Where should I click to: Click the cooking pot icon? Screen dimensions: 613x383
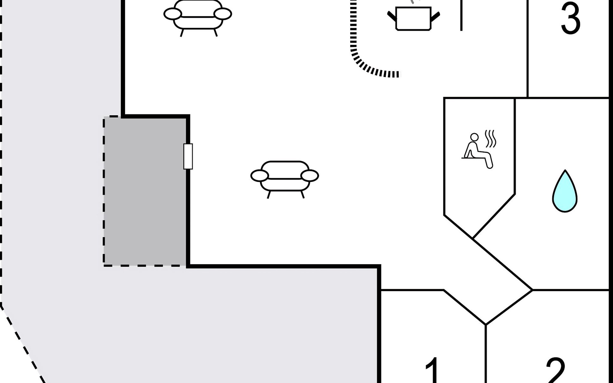pos(413,18)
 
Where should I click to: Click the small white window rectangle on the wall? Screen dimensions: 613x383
pos(188,156)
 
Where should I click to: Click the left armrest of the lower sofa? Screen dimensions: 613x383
pos(260,176)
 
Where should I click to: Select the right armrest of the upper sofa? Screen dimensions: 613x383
pos(223,14)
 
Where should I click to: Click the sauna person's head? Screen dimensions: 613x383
pos(475,137)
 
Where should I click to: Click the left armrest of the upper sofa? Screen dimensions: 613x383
pos(173,14)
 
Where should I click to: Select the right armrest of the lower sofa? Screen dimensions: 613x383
pos(310,176)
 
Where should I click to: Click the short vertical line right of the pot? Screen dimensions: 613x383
pos(461,15)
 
